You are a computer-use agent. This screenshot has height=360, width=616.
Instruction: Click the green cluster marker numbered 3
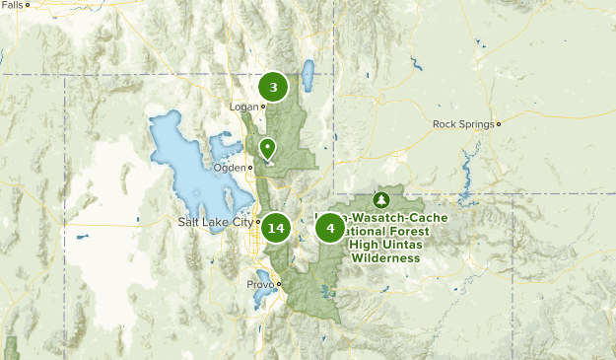click(274, 86)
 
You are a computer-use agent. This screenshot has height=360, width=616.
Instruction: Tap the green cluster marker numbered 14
click(276, 229)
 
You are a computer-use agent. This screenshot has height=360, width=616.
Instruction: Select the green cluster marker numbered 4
click(330, 229)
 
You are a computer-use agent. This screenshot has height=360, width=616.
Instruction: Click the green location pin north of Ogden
click(267, 148)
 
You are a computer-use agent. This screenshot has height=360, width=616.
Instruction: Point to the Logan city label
click(242, 107)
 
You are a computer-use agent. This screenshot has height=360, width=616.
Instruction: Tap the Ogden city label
click(230, 167)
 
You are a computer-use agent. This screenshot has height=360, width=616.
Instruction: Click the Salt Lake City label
click(215, 222)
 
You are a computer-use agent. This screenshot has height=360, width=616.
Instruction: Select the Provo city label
click(260, 284)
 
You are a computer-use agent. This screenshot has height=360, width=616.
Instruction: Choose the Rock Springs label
click(463, 124)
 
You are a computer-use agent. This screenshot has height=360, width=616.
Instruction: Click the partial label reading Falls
click(12, 5)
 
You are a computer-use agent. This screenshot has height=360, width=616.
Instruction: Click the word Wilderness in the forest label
click(384, 258)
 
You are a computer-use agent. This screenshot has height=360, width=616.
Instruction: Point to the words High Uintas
click(384, 245)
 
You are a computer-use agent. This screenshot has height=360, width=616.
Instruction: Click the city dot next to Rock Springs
click(499, 124)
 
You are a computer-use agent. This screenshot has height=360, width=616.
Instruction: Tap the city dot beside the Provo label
click(279, 284)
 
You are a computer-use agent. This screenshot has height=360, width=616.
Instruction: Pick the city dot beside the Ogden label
click(250, 167)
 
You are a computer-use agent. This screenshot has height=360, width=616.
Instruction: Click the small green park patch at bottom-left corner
click(11, 348)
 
